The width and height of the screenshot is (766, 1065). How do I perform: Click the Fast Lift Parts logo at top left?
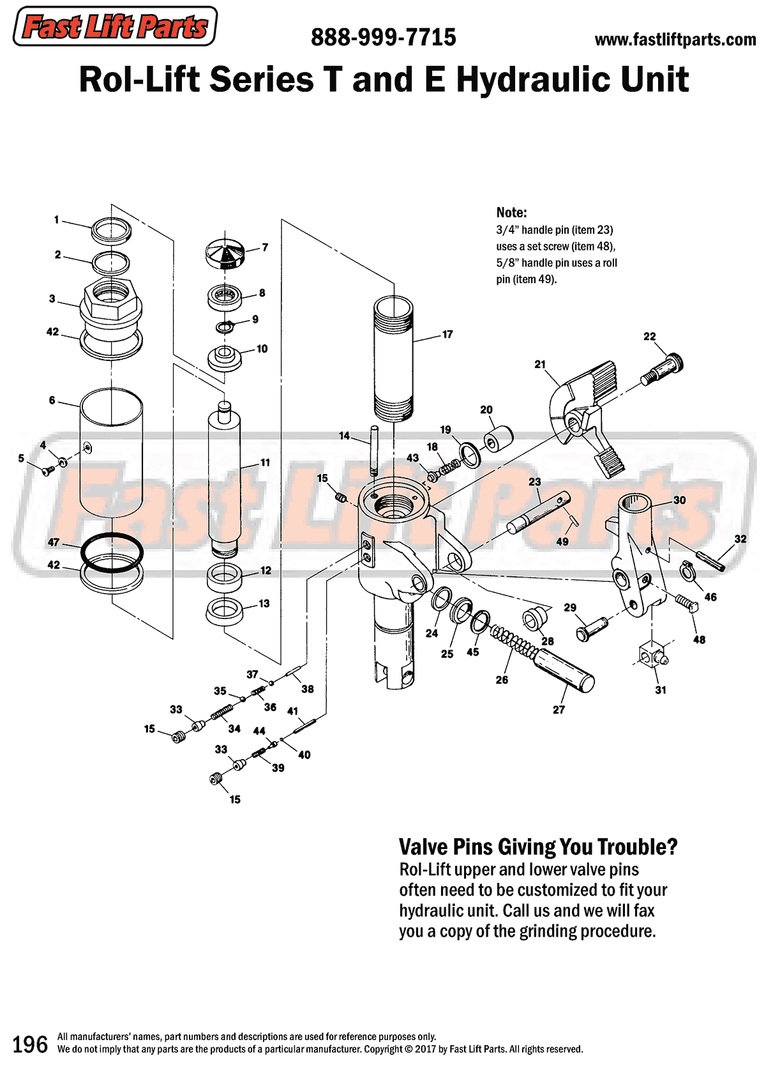pyautogui.click(x=115, y=27)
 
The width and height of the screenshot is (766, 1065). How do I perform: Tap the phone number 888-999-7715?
pyautogui.click(x=383, y=37)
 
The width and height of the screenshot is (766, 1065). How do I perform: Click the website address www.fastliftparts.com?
pyautogui.click(x=675, y=40)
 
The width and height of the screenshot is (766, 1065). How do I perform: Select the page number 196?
pyautogui.click(x=30, y=1044)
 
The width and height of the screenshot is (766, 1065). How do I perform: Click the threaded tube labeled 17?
pyautogui.click(x=393, y=358)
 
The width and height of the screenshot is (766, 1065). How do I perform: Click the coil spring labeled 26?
pyautogui.click(x=514, y=642)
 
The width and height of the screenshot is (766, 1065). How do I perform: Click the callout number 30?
pyautogui.click(x=679, y=500)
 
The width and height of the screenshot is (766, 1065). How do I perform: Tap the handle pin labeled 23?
pyautogui.click(x=538, y=510)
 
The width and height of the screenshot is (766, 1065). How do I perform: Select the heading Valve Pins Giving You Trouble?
pyautogui.click(x=537, y=847)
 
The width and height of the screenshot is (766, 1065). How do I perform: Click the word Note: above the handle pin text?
pyautogui.click(x=511, y=213)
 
